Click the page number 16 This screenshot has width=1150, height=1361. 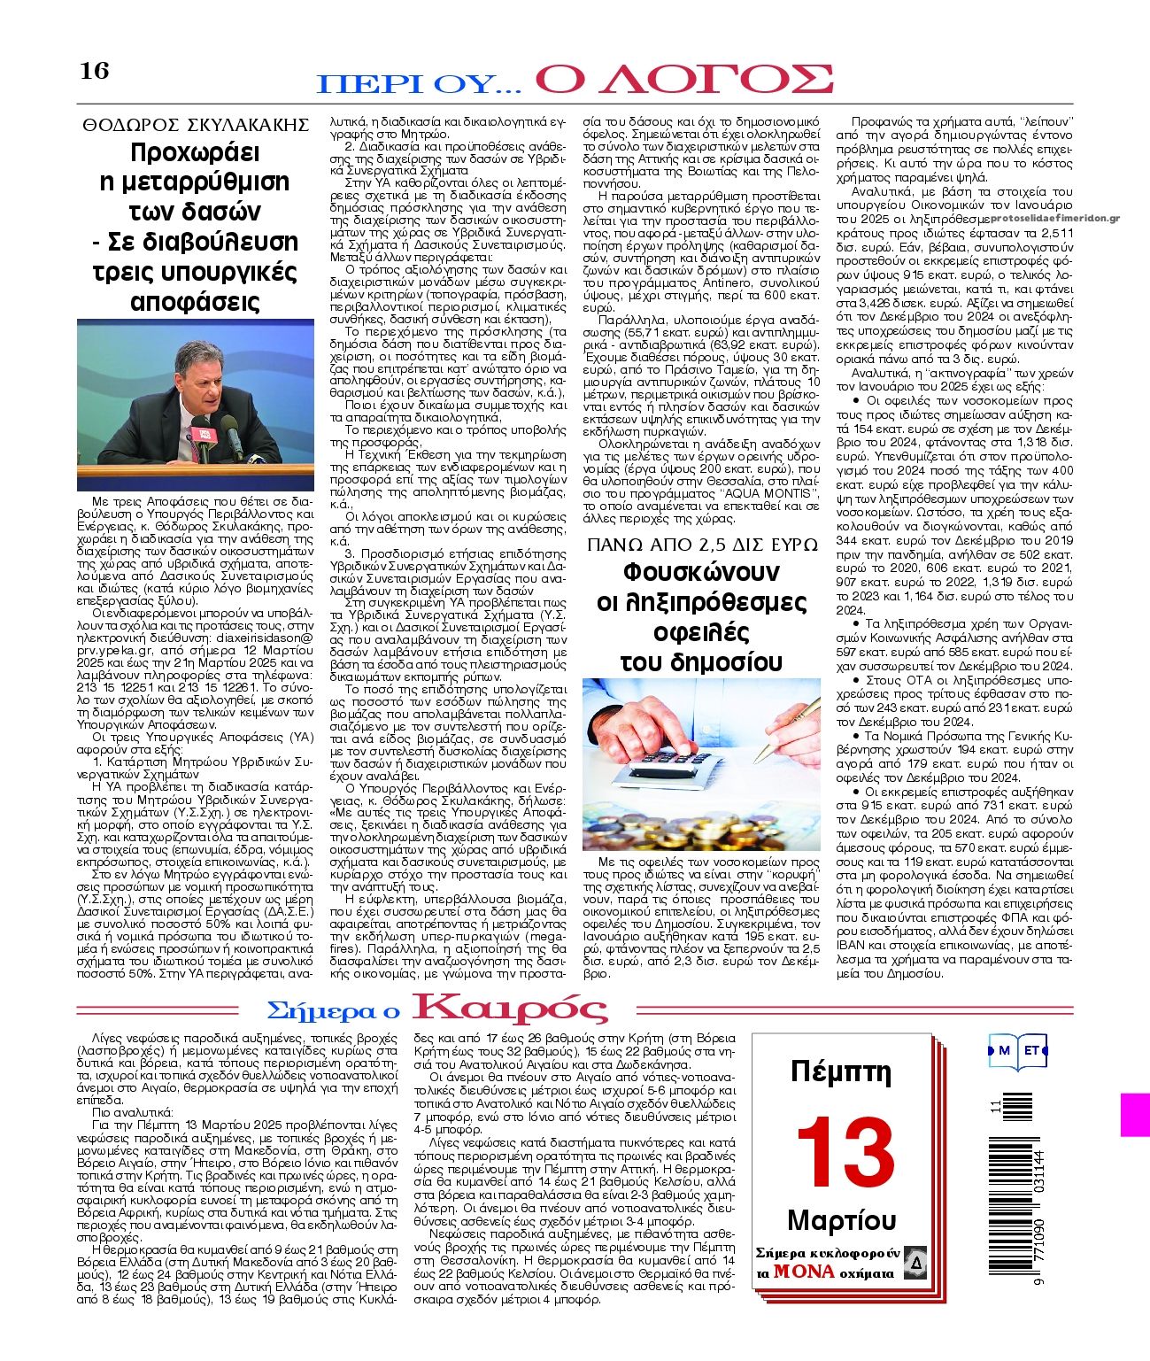coord(94,71)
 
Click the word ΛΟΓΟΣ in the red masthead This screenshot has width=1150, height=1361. coord(685,79)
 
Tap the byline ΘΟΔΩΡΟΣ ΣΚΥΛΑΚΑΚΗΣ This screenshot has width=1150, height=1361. coord(196,124)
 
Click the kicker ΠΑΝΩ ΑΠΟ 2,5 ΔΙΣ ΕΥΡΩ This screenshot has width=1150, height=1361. coord(702,544)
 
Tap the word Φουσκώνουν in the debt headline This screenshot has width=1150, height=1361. coord(701,571)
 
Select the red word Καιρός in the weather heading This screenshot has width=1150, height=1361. coord(511,1009)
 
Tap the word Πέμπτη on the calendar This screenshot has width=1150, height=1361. coord(840,1071)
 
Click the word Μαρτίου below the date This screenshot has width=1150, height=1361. coord(841,1221)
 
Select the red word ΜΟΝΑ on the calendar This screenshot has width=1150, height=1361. coord(803,1271)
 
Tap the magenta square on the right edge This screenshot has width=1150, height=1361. coord(1135,1114)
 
